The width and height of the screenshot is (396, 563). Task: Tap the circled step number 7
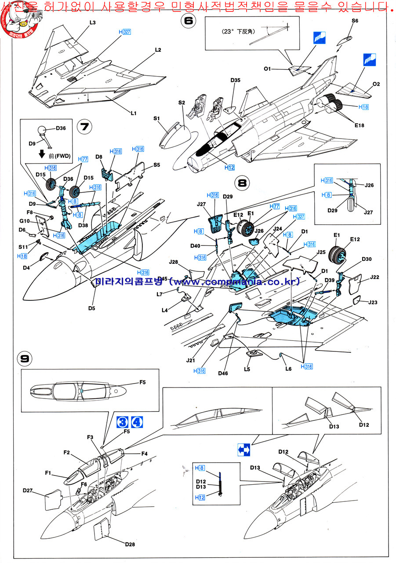(x=84, y=127)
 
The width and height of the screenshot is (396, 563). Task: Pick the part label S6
(x=355, y=21)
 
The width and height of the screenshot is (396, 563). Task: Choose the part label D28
(x=130, y=544)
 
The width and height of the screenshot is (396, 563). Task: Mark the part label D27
(x=28, y=490)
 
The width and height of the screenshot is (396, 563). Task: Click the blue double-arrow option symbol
(x=244, y=449)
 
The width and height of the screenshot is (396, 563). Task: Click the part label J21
(x=190, y=360)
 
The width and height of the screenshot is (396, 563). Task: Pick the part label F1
(x=48, y=473)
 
